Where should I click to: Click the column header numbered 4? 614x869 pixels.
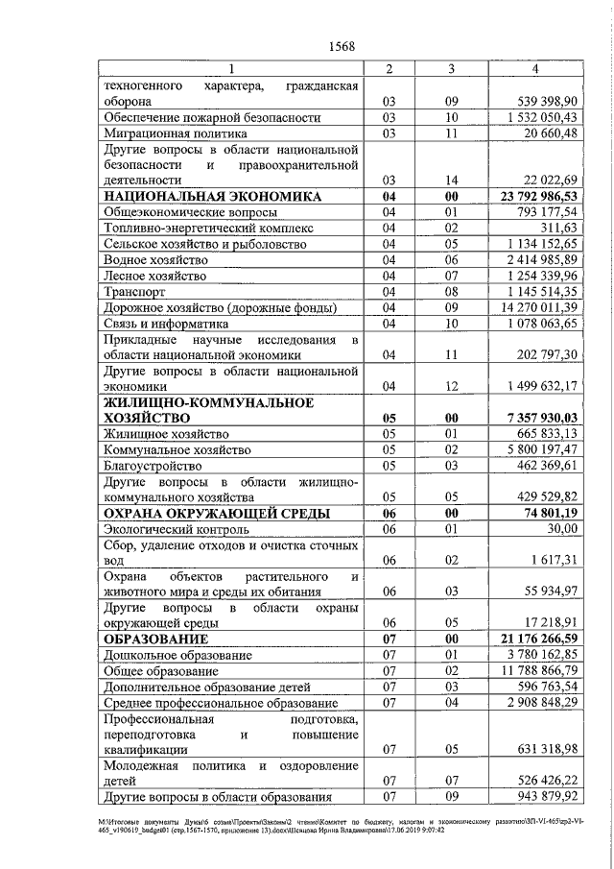click(534, 69)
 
